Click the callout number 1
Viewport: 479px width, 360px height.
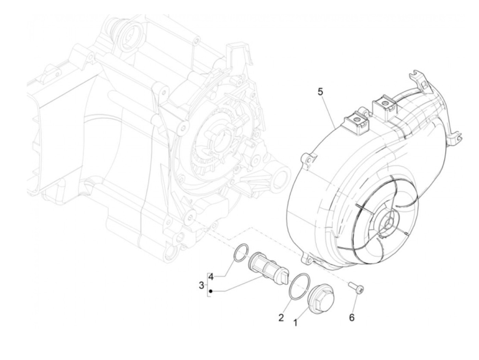[x=295, y=322]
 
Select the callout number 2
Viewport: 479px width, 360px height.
[x=281, y=318]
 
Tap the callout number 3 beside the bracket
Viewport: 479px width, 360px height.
[x=202, y=284]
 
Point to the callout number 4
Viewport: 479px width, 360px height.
[x=211, y=277]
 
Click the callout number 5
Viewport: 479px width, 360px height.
[x=320, y=92]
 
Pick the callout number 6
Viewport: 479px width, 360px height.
[x=352, y=318]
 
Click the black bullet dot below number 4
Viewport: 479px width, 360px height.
[x=211, y=292]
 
